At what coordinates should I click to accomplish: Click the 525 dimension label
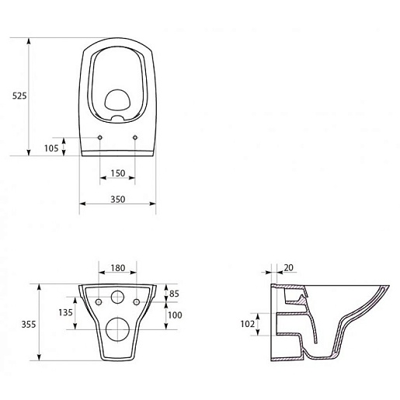pyautogui.click(x=19, y=96)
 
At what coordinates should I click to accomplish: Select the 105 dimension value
pyautogui.click(x=51, y=148)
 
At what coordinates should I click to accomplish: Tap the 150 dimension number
pyautogui.click(x=118, y=173)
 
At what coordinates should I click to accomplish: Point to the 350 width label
pyautogui.click(x=118, y=199)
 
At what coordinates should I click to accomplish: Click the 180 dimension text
pyautogui.click(x=118, y=268)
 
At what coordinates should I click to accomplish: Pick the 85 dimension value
pyautogui.click(x=174, y=294)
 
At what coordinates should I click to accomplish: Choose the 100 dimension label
pyautogui.click(x=175, y=315)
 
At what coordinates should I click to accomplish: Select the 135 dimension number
pyautogui.click(x=65, y=312)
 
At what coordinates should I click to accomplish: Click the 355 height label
pyautogui.click(x=29, y=325)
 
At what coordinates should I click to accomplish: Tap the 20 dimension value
pyautogui.click(x=289, y=268)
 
